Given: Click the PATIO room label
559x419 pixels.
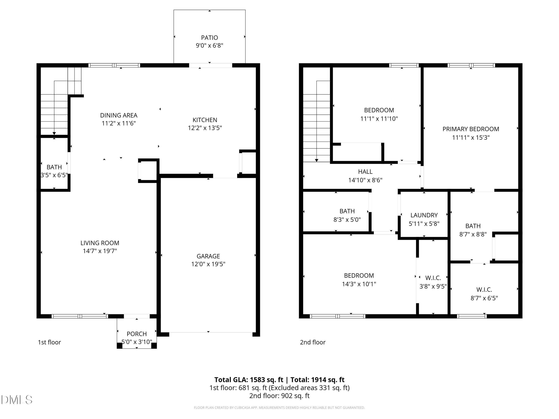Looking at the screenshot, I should [209, 38].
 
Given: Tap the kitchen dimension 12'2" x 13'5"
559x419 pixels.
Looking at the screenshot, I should [205, 128].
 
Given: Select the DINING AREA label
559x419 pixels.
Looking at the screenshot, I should [119, 115].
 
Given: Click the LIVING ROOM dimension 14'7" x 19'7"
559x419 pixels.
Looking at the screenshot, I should [100, 251].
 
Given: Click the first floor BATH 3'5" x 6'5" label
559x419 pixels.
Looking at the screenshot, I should [54, 167].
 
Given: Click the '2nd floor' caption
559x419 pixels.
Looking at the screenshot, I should [313, 342].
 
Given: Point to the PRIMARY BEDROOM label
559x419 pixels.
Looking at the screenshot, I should [470, 129].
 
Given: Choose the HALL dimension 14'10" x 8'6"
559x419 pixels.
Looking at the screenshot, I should [365, 180].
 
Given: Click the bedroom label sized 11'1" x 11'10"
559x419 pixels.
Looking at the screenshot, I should [379, 110].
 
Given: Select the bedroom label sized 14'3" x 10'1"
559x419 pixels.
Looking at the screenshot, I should [359, 276].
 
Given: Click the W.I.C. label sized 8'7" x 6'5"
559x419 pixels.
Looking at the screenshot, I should [484, 290].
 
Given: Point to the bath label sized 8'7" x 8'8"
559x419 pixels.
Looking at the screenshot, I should [473, 226].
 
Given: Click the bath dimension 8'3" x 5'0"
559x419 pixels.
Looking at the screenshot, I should [347, 220].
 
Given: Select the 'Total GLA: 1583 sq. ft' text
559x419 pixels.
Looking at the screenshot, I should [249, 380].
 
